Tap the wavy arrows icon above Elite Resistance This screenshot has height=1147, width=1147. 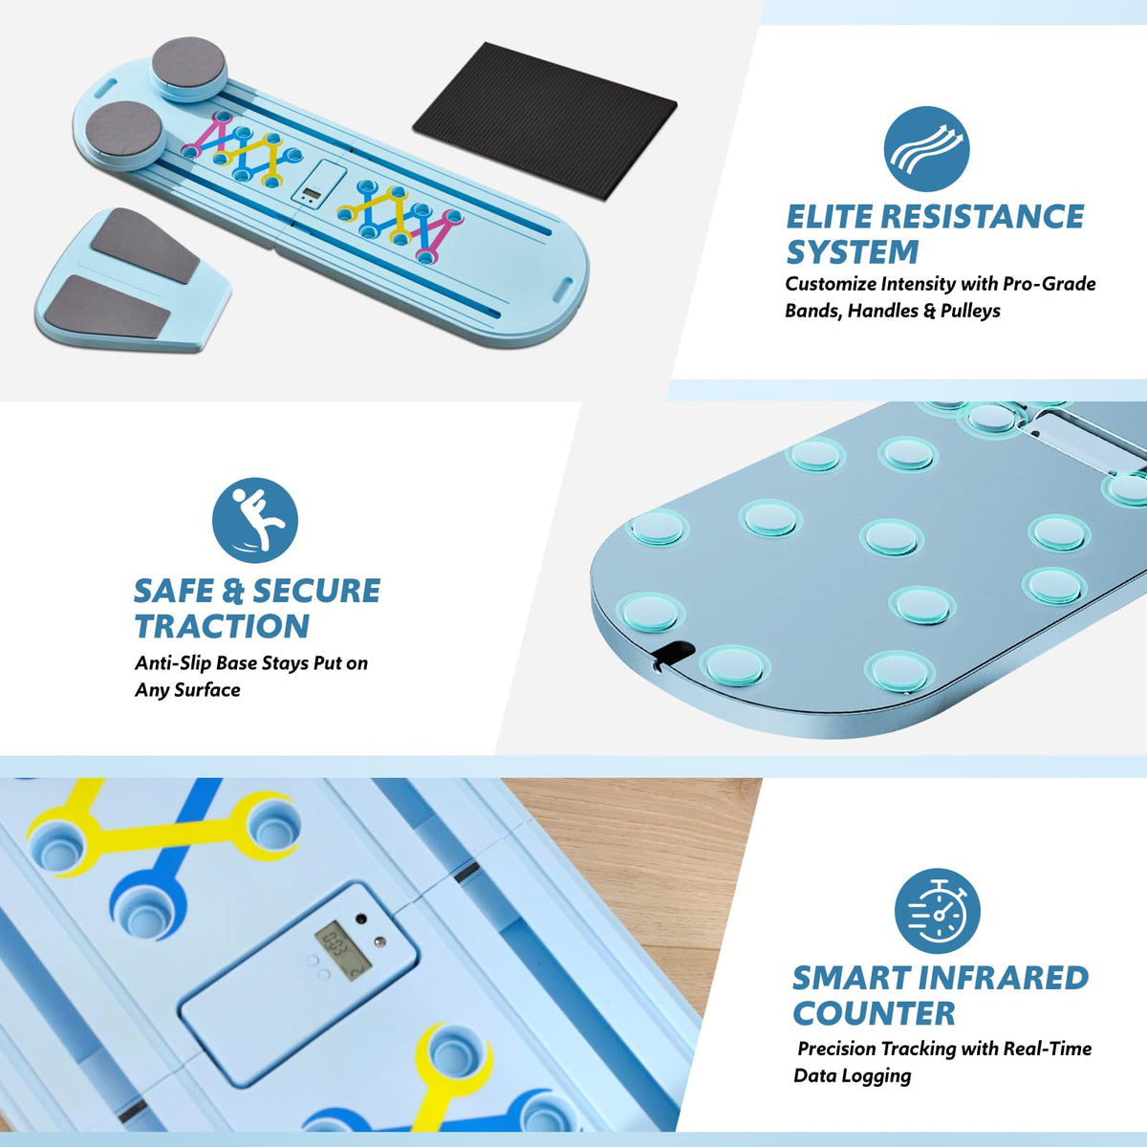[926, 149]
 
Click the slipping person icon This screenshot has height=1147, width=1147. [255, 520]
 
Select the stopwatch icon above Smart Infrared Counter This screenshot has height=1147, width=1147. [937, 911]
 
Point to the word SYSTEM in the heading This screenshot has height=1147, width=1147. [853, 251]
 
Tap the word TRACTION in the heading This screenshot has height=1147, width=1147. [222, 625]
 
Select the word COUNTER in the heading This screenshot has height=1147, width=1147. [874, 1013]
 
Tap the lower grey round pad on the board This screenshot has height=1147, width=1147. [125, 130]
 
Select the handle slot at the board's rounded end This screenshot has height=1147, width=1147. [566, 288]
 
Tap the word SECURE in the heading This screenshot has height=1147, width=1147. [316, 591]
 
